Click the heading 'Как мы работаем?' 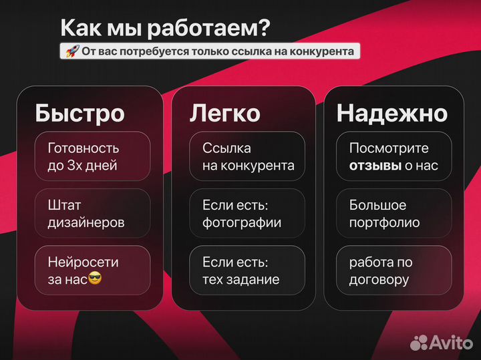(x=166, y=27)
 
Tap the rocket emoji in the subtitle (x=71, y=51)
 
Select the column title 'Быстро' (x=79, y=113)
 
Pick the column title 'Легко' (x=224, y=113)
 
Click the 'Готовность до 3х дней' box (x=92, y=156)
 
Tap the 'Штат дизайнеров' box (x=92, y=213)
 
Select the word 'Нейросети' (x=83, y=262)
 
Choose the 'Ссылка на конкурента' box (x=247, y=156)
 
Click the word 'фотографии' (x=242, y=222)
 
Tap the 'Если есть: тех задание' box (x=247, y=271)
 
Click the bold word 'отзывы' (x=375, y=165)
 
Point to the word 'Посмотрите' (x=389, y=148)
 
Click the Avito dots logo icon (x=419, y=342)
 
